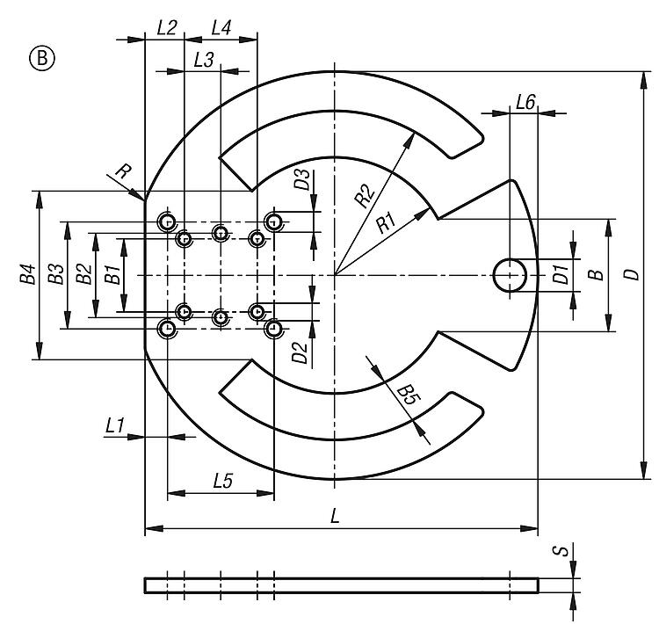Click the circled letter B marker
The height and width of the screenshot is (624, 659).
pyautogui.click(x=42, y=59)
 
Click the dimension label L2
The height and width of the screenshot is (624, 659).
pyautogui.click(x=167, y=27)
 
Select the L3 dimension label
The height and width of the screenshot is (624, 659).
pyautogui.click(x=203, y=60)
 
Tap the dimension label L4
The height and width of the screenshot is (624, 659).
pyautogui.click(x=221, y=27)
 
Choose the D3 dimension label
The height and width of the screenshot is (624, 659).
pyautogui.click(x=301, y=181)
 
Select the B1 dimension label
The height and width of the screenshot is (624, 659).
pyautogui.click(x=111, y=275)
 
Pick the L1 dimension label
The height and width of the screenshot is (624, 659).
pyautogui.click(x=114, y=425)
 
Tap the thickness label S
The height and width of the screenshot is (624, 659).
pyautogui.click(x=556, y=552)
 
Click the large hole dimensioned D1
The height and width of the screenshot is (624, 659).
pyautogui.click(x=511, y=275)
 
